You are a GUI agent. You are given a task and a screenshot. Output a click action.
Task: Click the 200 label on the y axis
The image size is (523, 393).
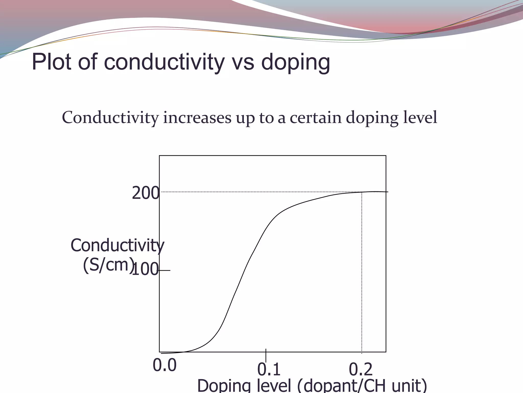(x=146, y=193)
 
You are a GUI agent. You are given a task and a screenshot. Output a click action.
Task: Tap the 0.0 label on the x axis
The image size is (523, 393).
(x=165, y=365)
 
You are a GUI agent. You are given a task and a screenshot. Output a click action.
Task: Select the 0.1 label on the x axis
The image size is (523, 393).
(x=269, y=369)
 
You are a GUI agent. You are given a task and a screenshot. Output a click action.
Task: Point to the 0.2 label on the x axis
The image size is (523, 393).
(x=361, y=369)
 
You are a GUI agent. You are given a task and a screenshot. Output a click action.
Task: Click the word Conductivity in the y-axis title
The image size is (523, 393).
(x=117, y=245)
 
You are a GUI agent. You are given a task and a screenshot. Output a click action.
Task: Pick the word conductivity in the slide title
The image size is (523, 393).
(x=164, y=62)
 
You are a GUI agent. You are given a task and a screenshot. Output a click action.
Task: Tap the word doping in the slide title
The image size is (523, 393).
(x=295, y=63)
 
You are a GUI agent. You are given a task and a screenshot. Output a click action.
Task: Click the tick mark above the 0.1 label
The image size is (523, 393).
(x=266, y=355)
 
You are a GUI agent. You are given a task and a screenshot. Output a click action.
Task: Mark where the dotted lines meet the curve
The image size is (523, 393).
(x=362, y=192)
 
